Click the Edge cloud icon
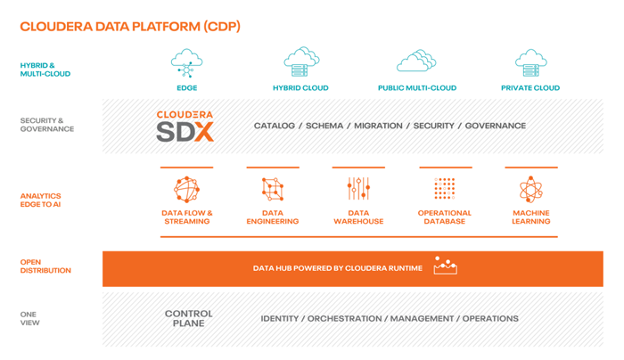186,63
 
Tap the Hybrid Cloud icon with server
301,61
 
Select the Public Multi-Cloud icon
416,61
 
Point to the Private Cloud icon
531,63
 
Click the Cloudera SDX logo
185,127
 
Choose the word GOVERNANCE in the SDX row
496,126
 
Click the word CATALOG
275,126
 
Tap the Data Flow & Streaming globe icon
186,189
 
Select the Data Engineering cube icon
273,189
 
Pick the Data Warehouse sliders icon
358,189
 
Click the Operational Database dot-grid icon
445,189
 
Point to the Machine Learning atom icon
531,189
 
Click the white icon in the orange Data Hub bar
446,266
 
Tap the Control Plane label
189,319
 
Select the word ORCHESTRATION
345,319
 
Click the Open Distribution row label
45,266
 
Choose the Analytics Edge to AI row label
41,200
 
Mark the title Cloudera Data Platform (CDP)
130,27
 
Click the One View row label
29,319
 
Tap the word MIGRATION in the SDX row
378,126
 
